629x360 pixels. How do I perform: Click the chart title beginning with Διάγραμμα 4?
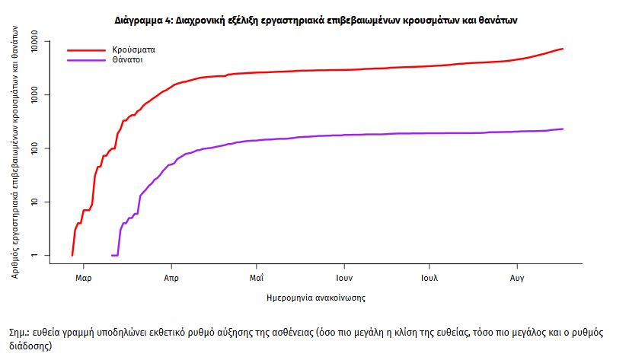314,21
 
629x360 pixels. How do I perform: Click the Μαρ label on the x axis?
84,277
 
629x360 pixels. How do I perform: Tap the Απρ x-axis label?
171,277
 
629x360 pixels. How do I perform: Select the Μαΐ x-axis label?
257,277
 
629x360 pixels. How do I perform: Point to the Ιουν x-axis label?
343,277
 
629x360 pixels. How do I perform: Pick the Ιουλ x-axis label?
429,277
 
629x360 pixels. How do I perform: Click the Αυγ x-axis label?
517,277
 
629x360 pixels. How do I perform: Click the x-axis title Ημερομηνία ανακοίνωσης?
316,298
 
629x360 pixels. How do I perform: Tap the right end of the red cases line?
562,49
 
